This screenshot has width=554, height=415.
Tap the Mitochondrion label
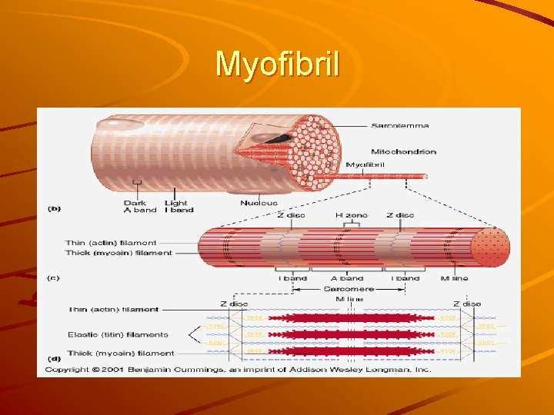(x=403, y=151)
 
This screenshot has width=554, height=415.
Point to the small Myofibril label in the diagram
(x=365, y=164)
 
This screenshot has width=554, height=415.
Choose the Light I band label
(x=176, y=207)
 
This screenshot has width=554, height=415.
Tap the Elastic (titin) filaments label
(x=118, y=335)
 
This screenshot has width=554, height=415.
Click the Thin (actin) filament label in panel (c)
(x=112, y=243)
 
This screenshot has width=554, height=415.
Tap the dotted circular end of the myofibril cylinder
(x=489, y=248)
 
